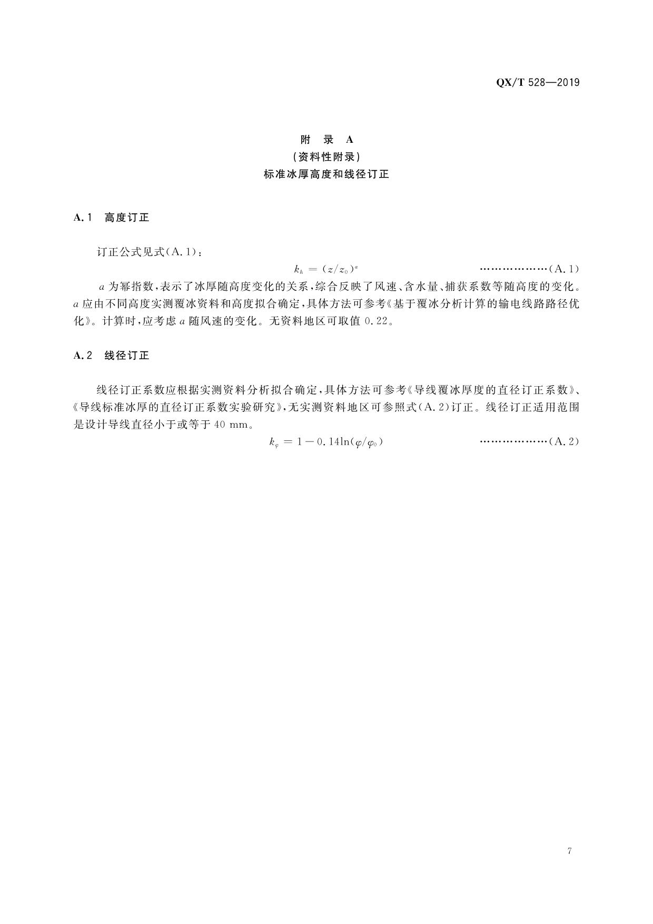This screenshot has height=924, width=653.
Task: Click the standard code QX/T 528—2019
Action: pyautogui.click(x=538, y=83)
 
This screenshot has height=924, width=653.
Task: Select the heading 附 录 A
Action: pyautogui.click(x=326, y=140)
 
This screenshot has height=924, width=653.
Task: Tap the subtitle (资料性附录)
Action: pyautogui.click(x=326, y=157)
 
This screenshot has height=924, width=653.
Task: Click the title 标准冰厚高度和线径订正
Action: pyautogui.click(x=326, y=174)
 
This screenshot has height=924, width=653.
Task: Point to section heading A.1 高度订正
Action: pyautogui.click(x=112, y=218)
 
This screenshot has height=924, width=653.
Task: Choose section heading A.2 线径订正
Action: pyautogui.click(x=112, y=356)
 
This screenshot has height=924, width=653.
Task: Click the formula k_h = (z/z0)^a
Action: pyautogui.click(x=326, y=269)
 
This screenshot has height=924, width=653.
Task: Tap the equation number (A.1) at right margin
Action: pyautogui.click(x=564, y=269)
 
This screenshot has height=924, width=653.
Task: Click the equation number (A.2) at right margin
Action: pyautogui.click(x=564, y=442)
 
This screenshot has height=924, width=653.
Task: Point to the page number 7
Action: pyautogui.click(x=570, y=851)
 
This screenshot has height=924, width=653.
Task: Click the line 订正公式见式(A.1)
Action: pyautogui.click(x=150, y=252)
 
